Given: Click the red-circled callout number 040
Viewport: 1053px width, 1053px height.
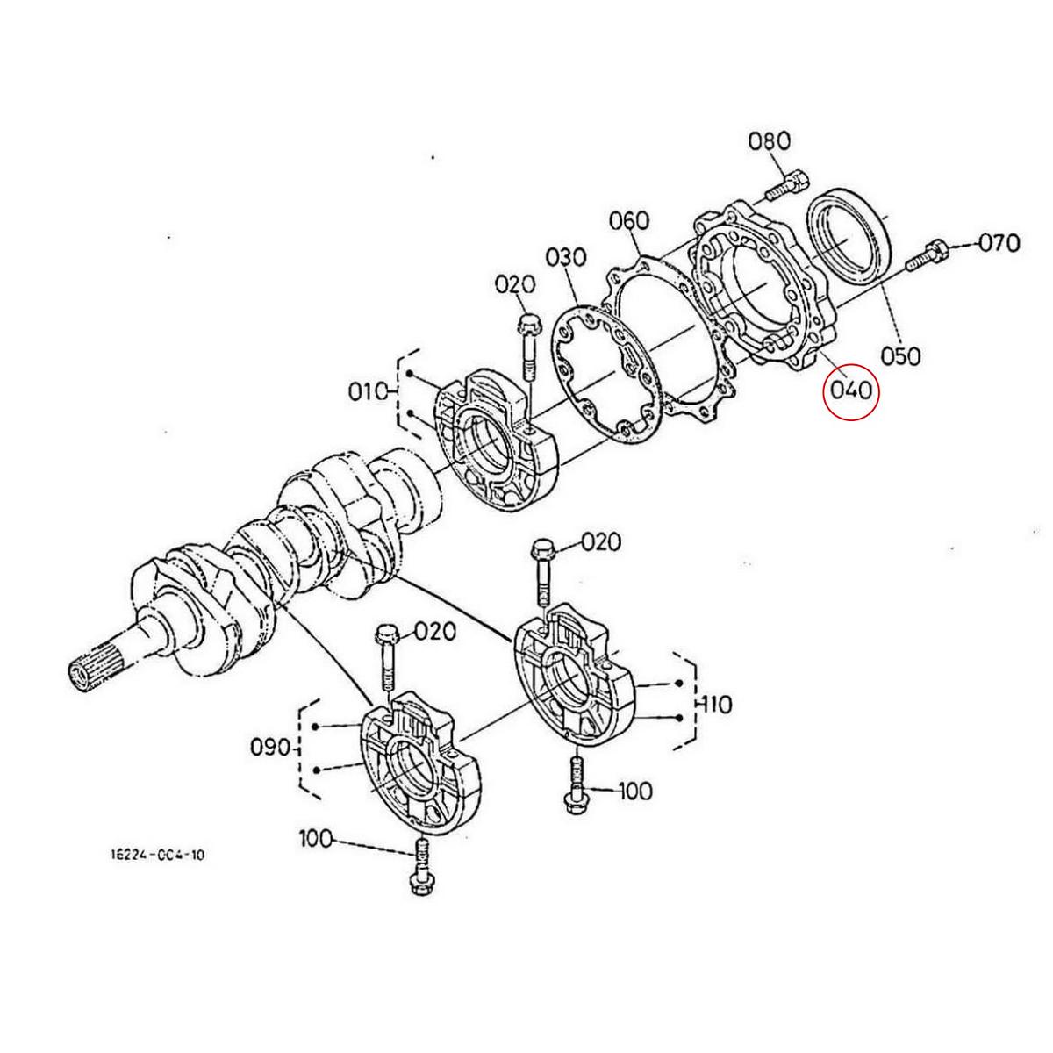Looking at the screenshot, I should pos(849,388).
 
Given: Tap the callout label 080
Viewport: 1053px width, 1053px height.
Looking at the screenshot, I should pos(769,141).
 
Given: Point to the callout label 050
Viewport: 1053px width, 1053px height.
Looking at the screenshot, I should pos(900,356).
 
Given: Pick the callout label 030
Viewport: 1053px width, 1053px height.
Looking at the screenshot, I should pos(566,258).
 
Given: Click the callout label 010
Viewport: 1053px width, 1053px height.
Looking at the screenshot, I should pos(369,391).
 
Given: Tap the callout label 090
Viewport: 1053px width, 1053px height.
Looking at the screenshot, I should pos(270,748).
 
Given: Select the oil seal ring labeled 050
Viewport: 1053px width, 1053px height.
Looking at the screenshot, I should pos(849,233).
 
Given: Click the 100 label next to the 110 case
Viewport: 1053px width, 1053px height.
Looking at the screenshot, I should pos(634,791).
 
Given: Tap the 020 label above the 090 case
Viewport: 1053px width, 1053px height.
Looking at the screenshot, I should pos(435,631).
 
